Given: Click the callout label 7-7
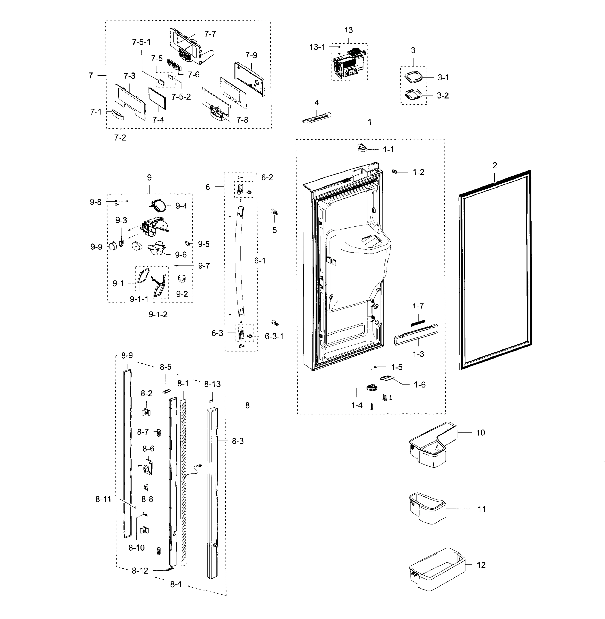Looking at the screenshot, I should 210,34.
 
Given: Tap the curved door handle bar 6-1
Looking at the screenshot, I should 239,260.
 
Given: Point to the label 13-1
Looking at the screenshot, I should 317,47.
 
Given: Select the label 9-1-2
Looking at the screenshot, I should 158,314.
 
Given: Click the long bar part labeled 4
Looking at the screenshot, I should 317,117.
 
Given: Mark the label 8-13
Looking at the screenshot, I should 212,384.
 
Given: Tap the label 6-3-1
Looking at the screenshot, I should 274,336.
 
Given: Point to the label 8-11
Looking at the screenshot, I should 103,499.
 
